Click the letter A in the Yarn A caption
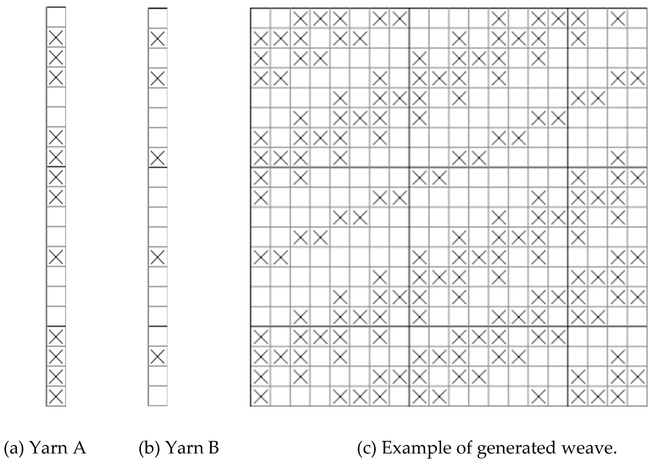tap(78, 448)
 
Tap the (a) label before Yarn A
tap(14, 448)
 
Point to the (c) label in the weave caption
tap(366, 448)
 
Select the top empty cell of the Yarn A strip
tap(56, 17)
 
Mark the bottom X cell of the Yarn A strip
tap(56, 396)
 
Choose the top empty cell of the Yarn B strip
tap(158, 18)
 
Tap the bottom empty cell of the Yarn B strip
tap(158, 396)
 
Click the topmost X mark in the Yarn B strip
tap(158, 38)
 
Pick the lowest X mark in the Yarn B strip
tap(158, 356)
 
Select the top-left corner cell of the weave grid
tap(261, 18)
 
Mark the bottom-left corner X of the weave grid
tap(261, 396)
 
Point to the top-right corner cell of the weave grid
tap(637, 18)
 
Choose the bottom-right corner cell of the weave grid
tap(637, 396)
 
